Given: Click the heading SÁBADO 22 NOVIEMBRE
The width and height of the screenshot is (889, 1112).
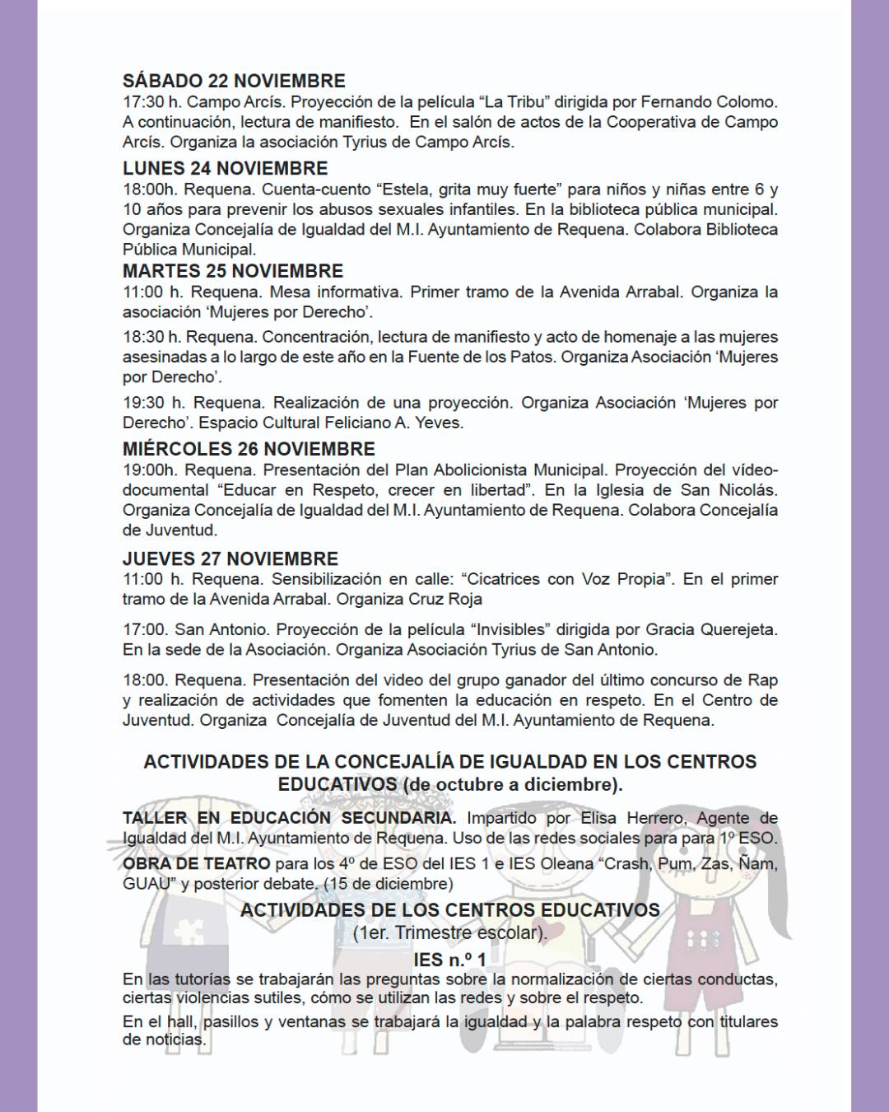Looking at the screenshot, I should pyautogui.click(x=234, y=81).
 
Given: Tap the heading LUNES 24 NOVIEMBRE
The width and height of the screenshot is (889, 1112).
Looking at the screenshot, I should pyautogui.click(x=225, y=168).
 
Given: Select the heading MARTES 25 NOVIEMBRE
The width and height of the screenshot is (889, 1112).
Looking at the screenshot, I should pyautogui.click(x=233, y=271).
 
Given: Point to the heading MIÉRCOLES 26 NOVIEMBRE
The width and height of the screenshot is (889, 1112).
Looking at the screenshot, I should pyautogui.click(x=249, y=449).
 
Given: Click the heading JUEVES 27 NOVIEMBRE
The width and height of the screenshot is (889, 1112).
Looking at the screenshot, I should pyautogui.click(x=230, y=559).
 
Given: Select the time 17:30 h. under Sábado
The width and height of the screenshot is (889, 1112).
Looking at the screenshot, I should pyautogui.click(x=151, y=102).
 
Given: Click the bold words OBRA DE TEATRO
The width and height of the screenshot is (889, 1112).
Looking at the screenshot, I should pyautogui.click(x=196, y=864).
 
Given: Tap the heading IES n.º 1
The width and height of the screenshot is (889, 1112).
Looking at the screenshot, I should pyautogui.click(x=449, y=960).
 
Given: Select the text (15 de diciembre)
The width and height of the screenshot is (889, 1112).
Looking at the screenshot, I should pyautogui.click(x=388, y=884).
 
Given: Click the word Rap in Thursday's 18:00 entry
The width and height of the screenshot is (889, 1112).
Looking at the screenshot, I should pyautogui.click(x=762, y=680).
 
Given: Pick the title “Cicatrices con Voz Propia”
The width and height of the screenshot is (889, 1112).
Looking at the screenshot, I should pyautogui.click(x=566, y=579).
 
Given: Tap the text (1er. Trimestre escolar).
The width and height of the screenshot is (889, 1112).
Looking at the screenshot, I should pyautogui.click(x=449, y=933).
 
